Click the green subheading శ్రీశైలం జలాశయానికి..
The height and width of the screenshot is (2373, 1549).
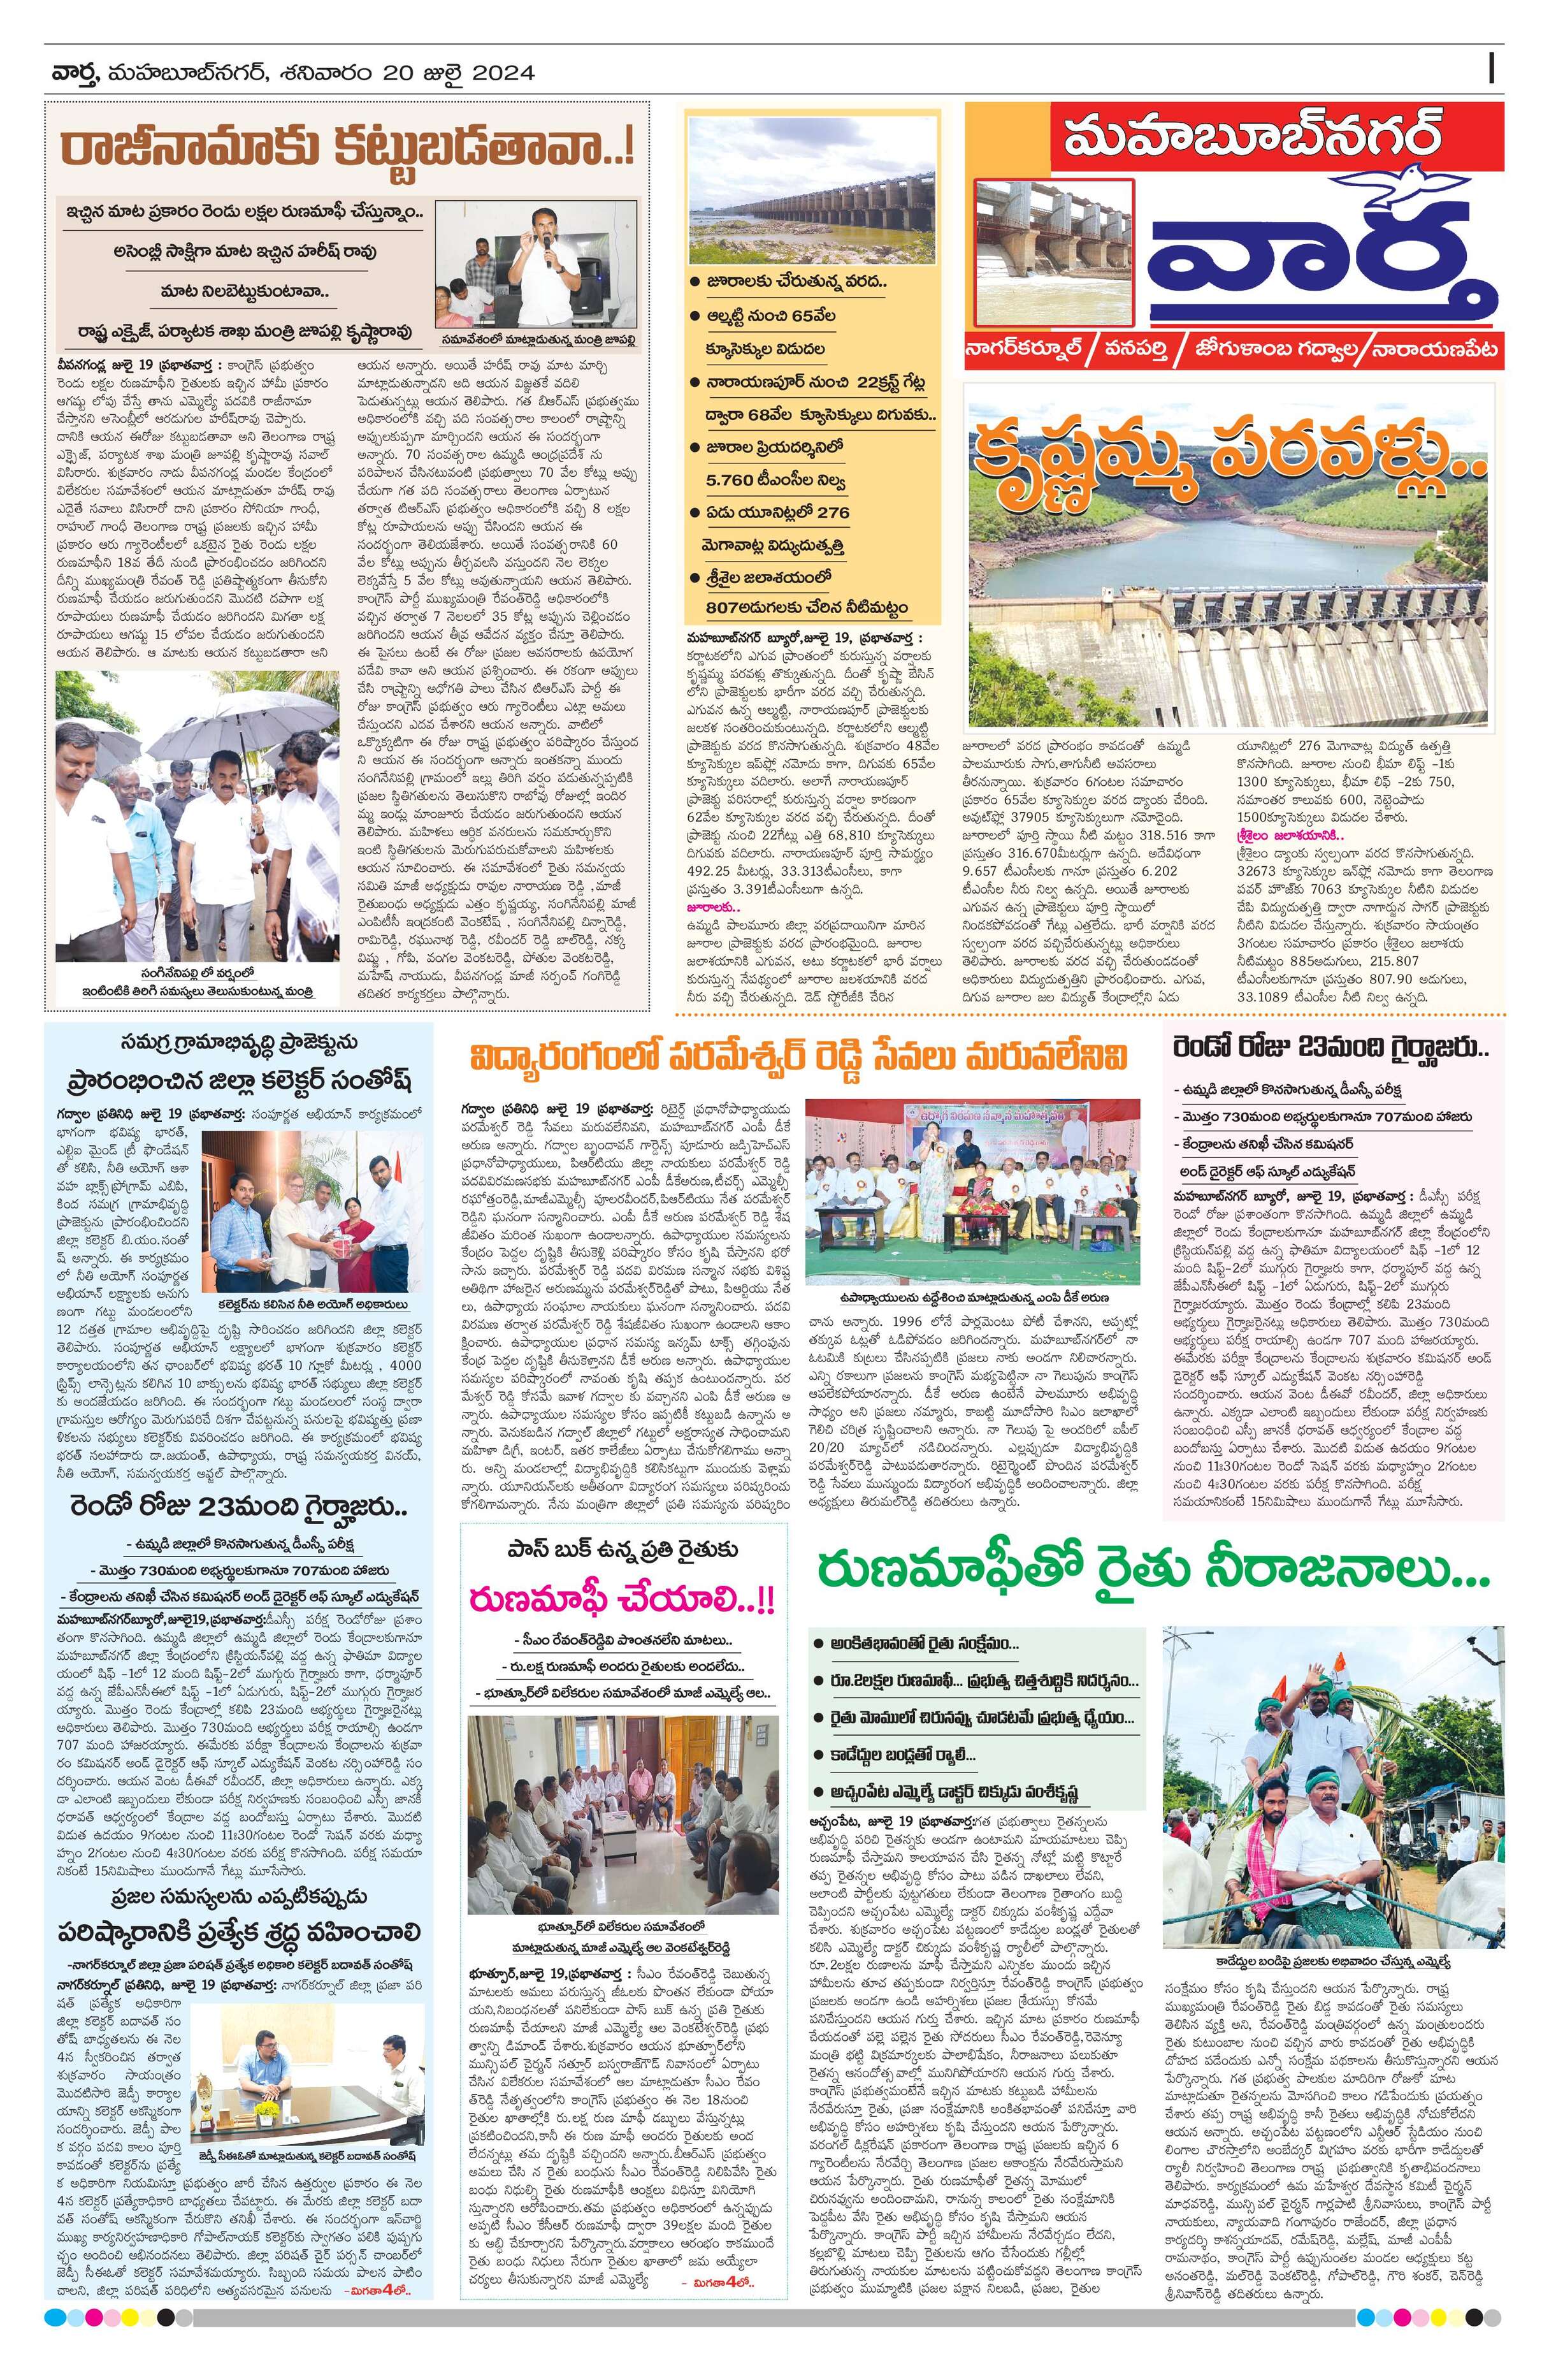click(1292, 834)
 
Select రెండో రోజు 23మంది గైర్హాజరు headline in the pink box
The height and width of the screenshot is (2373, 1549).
click(1333, 1048)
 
